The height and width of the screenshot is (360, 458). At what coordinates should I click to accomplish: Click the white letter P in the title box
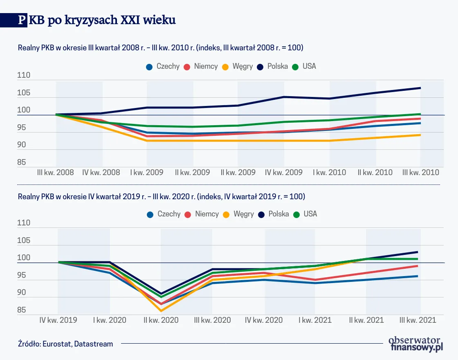tap(21, 20)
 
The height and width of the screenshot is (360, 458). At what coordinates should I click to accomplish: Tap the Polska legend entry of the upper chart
tap(273, 66)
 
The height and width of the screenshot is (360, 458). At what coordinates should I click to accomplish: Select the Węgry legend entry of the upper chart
tap(238, 66)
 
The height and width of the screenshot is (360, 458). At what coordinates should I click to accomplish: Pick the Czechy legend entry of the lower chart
tap(164, 214)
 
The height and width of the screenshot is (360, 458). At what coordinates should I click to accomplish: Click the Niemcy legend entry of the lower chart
tap(202, 214)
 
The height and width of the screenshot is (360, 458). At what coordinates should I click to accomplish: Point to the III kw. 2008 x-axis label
tap(55, 172)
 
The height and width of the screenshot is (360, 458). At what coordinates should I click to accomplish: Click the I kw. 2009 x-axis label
tap(146, 172)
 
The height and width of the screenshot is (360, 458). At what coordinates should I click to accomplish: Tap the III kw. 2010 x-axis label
tap(421, 172)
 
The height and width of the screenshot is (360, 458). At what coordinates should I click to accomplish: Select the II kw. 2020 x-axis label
tap(161, 320)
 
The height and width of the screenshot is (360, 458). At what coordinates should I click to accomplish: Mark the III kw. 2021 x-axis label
tap(418, 320)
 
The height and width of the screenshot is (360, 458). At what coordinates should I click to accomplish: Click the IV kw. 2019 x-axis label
tap(58, 320)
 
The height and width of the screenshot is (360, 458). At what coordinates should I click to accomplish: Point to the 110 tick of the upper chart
tap(24, 76)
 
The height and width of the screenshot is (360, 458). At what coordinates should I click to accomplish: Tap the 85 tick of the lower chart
tap(21, 310)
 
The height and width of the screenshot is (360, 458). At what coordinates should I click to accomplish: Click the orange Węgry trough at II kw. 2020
tap(161, 311)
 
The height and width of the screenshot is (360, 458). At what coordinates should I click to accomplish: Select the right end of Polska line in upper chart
tap(420, 88)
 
